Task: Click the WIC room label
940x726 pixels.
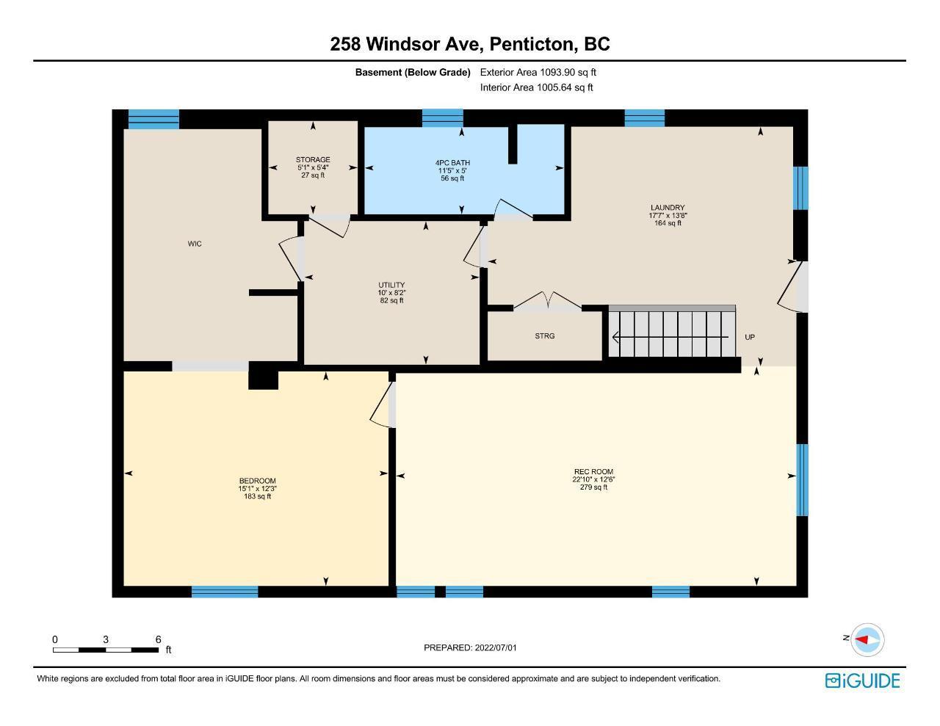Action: tap(195, 244)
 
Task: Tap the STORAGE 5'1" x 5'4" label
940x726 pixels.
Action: tap(313, 167)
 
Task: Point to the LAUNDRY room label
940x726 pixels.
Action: tap(668, 208)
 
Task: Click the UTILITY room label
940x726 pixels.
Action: tap(391, 285)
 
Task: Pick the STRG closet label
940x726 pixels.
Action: tap(545, 336)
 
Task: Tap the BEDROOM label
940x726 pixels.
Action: tap(257, 481)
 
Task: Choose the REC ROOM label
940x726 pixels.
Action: tap(593, 472)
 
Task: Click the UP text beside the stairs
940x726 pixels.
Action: tap(750, 337)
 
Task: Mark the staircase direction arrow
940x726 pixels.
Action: tap(670, 337)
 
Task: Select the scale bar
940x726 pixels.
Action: tap(106, 650)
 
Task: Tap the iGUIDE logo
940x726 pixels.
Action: tap(863, 680)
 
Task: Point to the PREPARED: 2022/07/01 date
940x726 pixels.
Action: tap(470, 647)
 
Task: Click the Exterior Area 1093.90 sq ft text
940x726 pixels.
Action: tap(538, 72)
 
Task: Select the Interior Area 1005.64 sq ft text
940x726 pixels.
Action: tap(536, 87)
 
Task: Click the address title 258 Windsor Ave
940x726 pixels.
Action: tap(404, 44)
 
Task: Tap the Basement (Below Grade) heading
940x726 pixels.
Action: tap(413, 72)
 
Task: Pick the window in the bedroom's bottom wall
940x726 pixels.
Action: tap(225, 592)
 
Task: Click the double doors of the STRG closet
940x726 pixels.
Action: tap(547, 302)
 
